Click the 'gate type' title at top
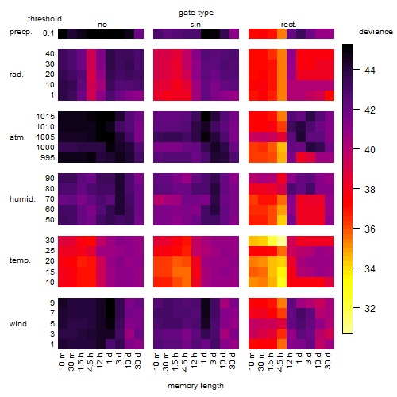click(x=196, y=13)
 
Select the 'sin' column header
click(x=195, y=25)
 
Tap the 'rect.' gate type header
click(x=289, y=25)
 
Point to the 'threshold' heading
click(x=44, y=19)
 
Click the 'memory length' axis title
click(x=195, y=386)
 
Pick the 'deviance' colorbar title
click(x=376, y=32)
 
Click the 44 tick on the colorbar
click(x=370, y=71)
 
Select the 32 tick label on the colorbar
click(x=370, y=309)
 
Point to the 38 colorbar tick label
click(x=370, y=190)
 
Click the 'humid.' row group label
click(x=22, y=199)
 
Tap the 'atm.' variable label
click(x=17, y=137)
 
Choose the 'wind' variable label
click(x=18, y=324)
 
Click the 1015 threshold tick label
click(x=45, y=117)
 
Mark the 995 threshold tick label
click(x=48, y=158)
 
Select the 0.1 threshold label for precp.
click(x=48, y=33)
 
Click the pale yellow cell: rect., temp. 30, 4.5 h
click(x=282, y=241)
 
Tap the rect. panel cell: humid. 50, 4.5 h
click(x=282, y=220)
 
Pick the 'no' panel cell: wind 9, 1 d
click(x=110, y=303)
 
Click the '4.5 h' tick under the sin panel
click(x=185, y=361)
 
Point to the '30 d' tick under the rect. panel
click(x=328, y=360)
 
